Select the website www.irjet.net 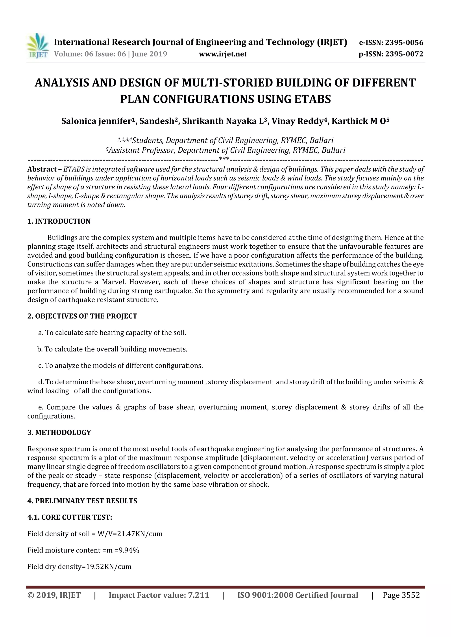point(223,54)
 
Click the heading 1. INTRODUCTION point(59,221)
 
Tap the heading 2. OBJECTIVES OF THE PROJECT point(82,316)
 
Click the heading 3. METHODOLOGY point(59,433)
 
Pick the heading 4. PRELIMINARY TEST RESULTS point(82,501)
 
